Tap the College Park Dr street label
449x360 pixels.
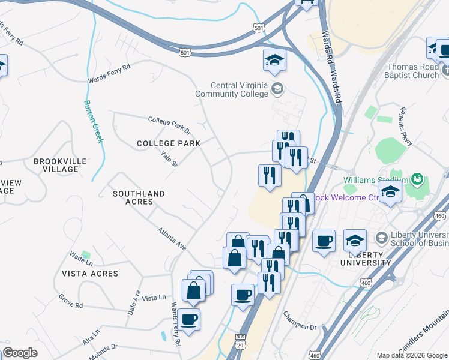(x=170, y=125)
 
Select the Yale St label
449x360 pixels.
(x=170, y=159)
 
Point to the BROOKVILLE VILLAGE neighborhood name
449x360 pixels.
(x=60, y=165)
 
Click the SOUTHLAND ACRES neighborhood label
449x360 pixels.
(x=139, y=197)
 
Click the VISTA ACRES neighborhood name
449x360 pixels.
(x=90, y=273)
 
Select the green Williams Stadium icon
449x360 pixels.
(x=417, y=179)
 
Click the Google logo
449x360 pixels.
(x=20, y=353)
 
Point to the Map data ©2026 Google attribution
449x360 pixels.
(x=411, y=355)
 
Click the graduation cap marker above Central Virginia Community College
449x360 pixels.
(x=274, y=61)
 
